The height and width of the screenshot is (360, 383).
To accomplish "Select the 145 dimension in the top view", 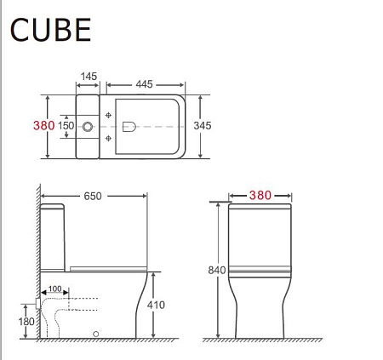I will coord(89,77).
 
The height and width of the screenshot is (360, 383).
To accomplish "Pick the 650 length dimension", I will coord(93,196).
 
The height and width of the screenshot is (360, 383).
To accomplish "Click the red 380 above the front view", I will coord(261,195).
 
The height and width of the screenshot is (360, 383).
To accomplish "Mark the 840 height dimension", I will coord(217,270).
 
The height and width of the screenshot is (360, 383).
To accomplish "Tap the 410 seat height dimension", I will coord(156,305).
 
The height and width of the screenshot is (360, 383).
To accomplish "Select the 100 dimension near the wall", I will coord(55,289).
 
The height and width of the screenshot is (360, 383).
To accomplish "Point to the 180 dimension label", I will coord(26,321).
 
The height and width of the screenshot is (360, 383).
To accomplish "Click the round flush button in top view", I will coord(88,126).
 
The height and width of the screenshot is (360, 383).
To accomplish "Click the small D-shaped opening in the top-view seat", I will coord(129,126).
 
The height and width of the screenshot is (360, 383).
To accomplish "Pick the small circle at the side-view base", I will coord(95,334).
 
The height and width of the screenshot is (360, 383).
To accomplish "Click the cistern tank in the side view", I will coord(55,234).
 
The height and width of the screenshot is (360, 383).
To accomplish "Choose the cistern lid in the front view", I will coord(261,206).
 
